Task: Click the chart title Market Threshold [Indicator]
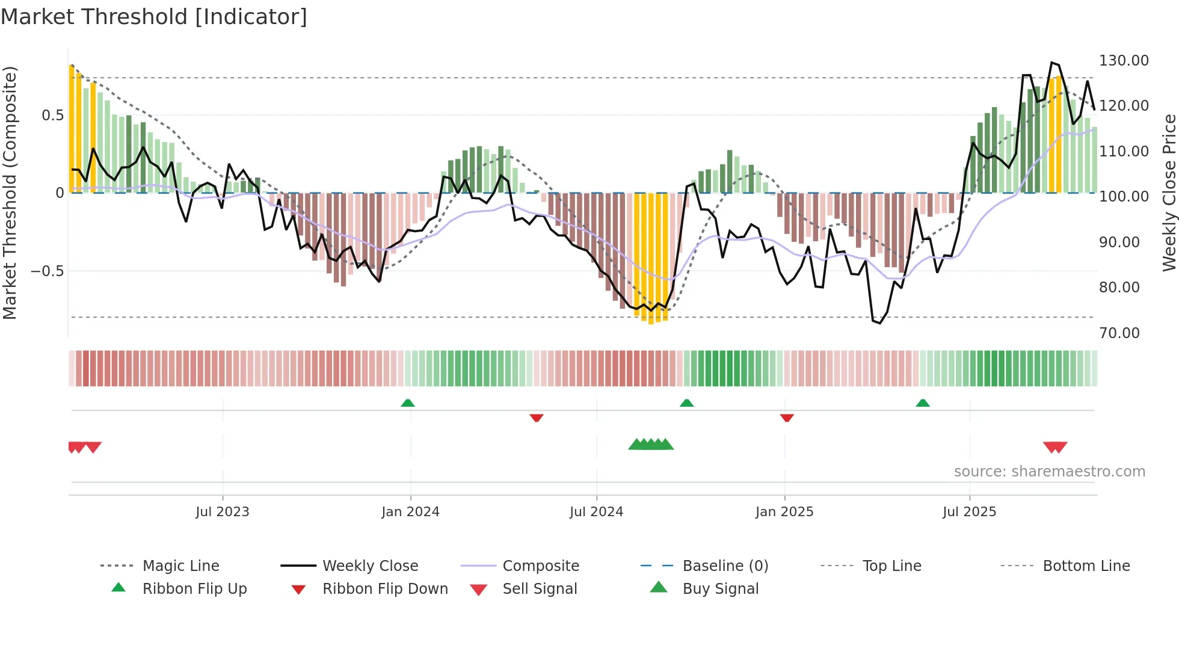pos(154,17)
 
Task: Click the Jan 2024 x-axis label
pos(410,512)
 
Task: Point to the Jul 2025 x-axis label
pos(969,512)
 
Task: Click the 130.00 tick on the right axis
pos(1124,61)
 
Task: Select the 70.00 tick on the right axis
pos(1119,333)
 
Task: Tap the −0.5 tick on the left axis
pos(48,271)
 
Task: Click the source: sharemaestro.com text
pos(1049,472)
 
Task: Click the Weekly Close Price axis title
pos(1169,193)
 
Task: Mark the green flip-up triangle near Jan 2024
pos(408,403)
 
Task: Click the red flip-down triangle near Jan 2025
pos(787,418)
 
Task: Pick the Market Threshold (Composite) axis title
pos(10,193)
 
